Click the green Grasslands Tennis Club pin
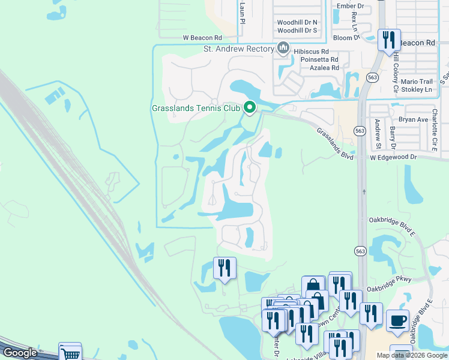[250, 107]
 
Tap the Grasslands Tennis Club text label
[196, 109]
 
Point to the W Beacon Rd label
[206, 38]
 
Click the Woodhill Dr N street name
[297, 22]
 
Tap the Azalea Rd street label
[320, 68]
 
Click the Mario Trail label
[417, 82]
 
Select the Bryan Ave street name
[414, 119]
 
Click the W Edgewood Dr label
[393, 157]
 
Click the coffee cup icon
[397, 320]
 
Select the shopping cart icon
[70, 353]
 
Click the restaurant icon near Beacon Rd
[388, 40]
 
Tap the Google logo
[20, 353]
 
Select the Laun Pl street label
[243, 12]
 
